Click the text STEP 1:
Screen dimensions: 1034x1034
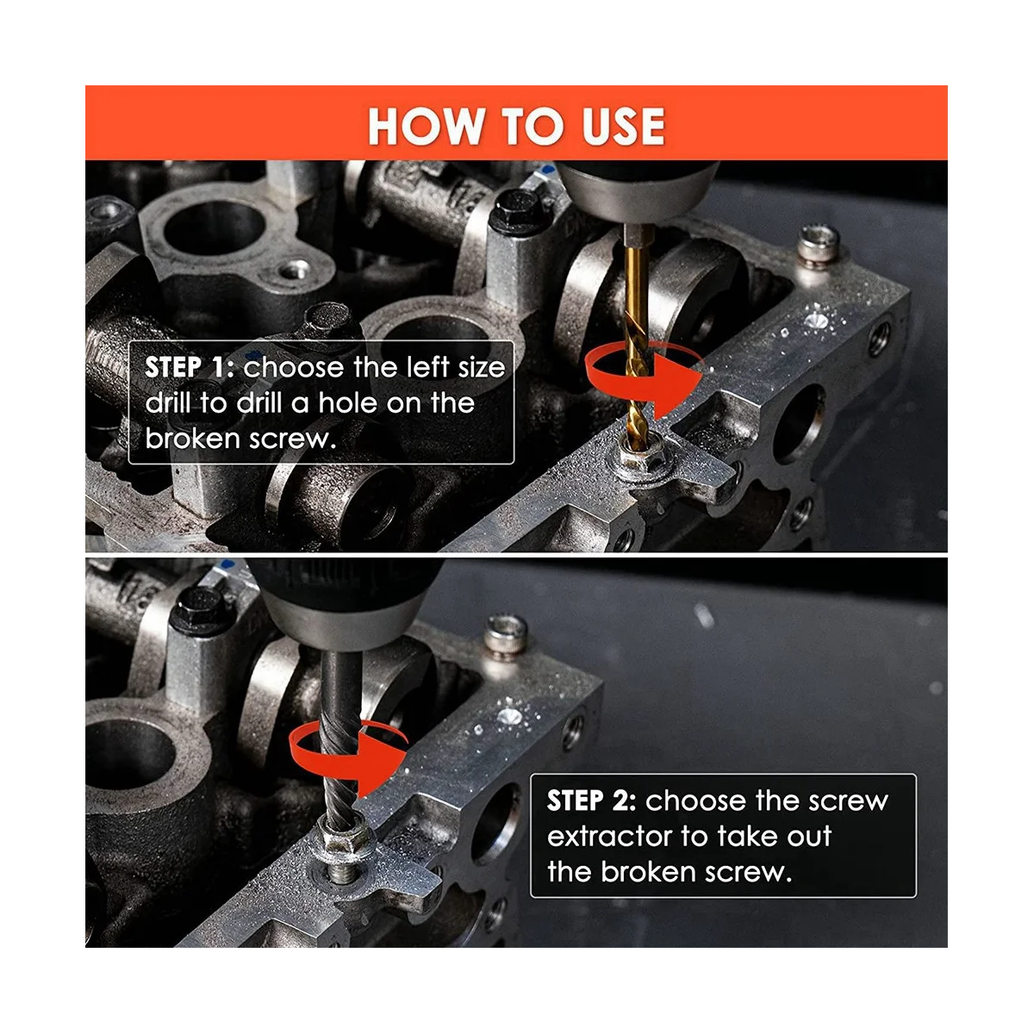coord(190,368)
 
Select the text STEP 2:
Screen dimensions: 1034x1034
coord(592,801)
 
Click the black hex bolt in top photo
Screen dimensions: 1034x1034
coord(518,210)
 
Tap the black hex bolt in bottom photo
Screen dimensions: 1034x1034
coord(200,611)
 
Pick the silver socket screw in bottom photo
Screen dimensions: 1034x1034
coord(506,635)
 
